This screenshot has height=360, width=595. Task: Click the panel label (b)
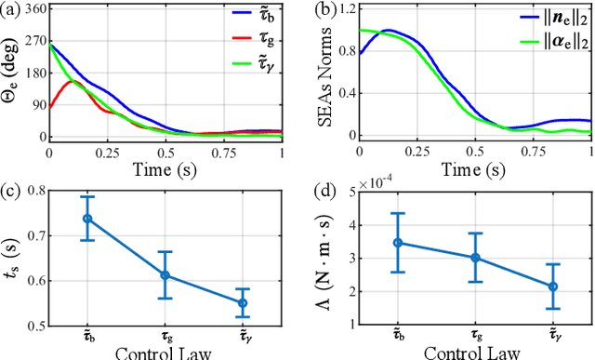point(316,11)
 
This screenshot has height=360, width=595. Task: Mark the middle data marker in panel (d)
point(477,258)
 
